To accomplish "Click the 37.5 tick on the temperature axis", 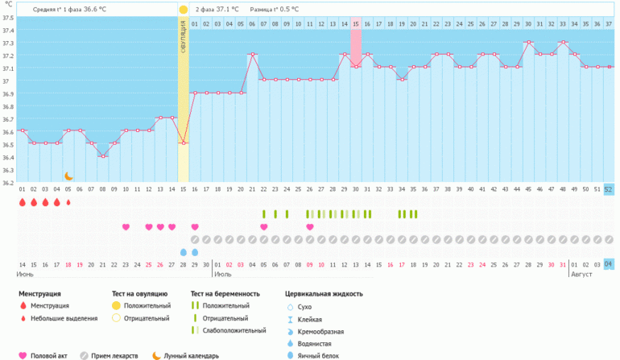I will tap(8, 18).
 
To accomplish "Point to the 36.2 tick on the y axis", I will tap(8, 182).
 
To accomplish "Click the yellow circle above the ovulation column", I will tap(184, 10).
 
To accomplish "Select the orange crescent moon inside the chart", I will tap(68, 176).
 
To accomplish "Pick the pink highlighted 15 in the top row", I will tap(356, 24).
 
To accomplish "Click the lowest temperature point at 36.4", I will tap(102, 156).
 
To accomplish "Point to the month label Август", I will tap(581, 275).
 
